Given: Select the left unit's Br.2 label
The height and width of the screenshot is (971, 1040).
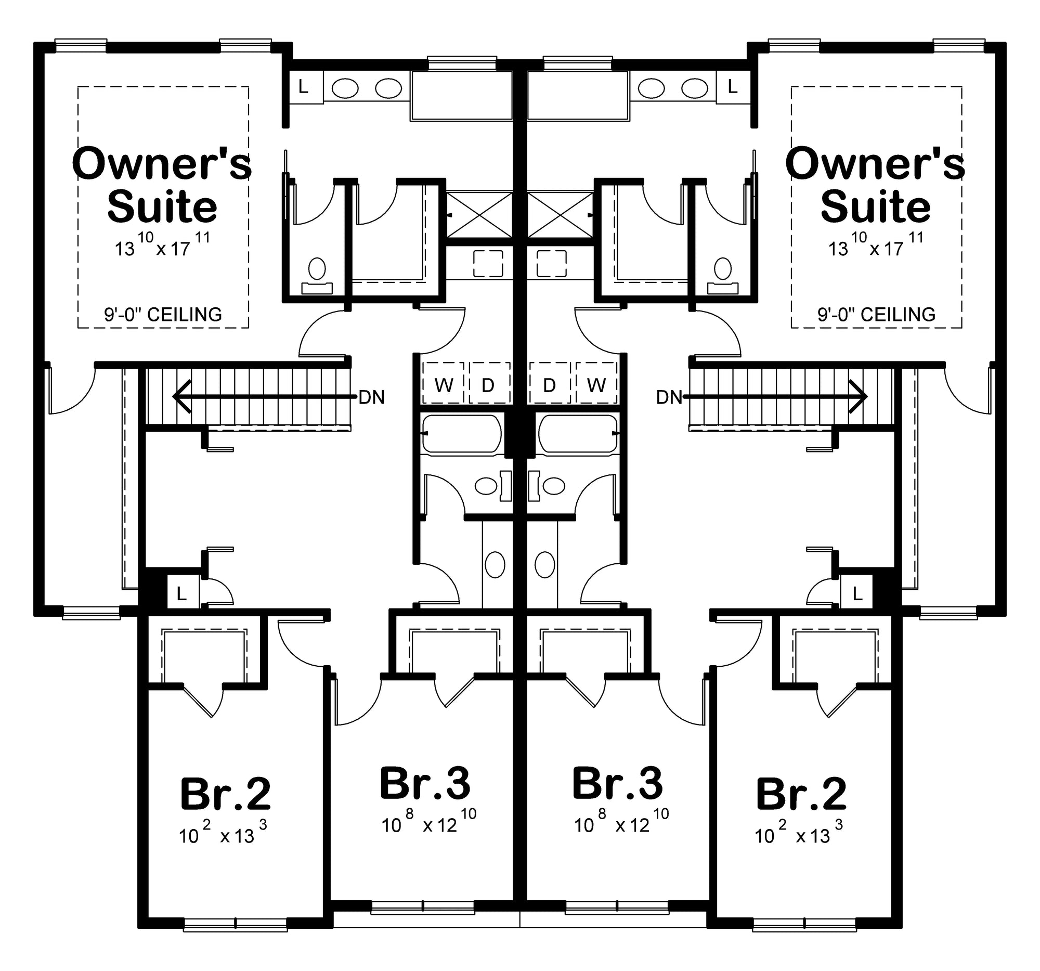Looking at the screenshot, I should click(x=225, y=794).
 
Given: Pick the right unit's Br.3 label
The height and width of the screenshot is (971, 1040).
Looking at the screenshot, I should click(x=617, y=784).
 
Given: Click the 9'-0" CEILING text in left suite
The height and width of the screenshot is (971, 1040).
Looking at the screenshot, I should click(x=163, y=315).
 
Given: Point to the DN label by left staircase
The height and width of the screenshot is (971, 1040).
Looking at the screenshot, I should click(x=371, y=398).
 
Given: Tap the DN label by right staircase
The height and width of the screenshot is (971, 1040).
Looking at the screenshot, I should click(x=669, y=398).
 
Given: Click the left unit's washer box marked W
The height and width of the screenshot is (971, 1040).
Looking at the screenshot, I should click(x=444, y=384).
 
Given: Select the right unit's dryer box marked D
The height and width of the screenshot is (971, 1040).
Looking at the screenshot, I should click(x=549, y=384).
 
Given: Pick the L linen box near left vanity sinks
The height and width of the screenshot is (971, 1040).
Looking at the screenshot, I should click(x=304, y=87).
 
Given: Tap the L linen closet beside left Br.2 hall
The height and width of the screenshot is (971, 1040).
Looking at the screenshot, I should click(x=181, y=594).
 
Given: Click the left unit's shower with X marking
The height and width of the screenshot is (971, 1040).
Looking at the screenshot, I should click(x=479, y=214).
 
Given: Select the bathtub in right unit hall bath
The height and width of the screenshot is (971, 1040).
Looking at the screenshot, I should click(x=578, y=433).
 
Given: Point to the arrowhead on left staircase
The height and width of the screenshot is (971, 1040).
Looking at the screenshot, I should click(x=180, y=396).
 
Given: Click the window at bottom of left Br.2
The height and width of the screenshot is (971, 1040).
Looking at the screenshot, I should click(x=236, y=924).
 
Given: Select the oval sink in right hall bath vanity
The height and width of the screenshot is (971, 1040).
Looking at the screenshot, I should click(x=544, y=564).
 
